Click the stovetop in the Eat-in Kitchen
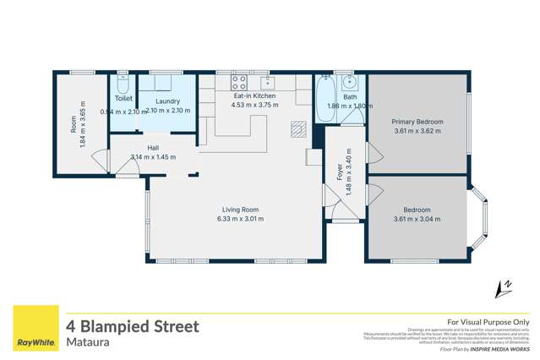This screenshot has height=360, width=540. [239, 83]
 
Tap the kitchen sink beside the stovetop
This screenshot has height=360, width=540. [268, 82]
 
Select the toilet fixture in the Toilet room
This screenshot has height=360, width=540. [123, 86]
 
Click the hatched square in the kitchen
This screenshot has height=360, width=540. [297, 129]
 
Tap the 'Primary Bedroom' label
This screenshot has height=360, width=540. [417, 122]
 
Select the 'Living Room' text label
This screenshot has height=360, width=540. [240, 210]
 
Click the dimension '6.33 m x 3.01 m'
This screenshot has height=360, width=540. [240, 219]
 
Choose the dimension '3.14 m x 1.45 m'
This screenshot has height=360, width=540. [153, 157]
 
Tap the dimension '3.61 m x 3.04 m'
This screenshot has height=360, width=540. [417, 219]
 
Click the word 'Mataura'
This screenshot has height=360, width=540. [89, 344]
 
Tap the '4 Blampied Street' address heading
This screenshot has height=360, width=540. [133, 326]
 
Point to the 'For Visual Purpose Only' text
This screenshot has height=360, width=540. [488, 322]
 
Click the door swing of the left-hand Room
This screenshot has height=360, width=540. [101, 159]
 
